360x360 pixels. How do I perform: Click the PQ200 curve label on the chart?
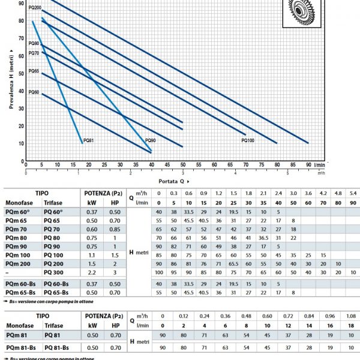click(34, 8)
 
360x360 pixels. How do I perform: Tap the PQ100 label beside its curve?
click(248, 140)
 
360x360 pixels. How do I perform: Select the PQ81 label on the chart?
click(88, 140)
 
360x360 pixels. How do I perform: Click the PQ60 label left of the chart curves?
click(34, 92)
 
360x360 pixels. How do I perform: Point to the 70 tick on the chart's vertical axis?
click(22, 38)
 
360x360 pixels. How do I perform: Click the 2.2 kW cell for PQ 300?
click(91, 272)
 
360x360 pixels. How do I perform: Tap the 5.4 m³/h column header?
click(353, 193)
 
